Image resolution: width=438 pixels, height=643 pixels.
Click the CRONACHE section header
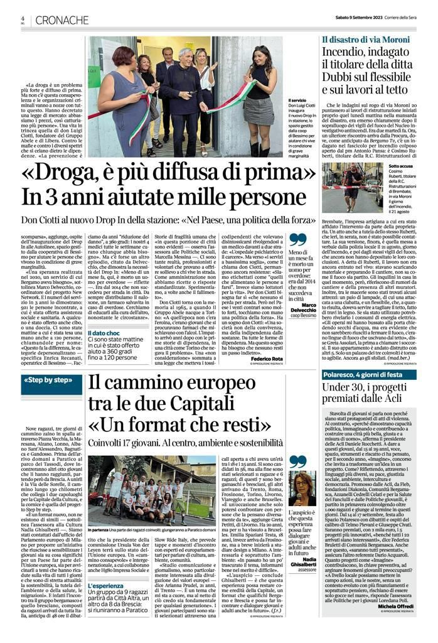coord(62,21)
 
